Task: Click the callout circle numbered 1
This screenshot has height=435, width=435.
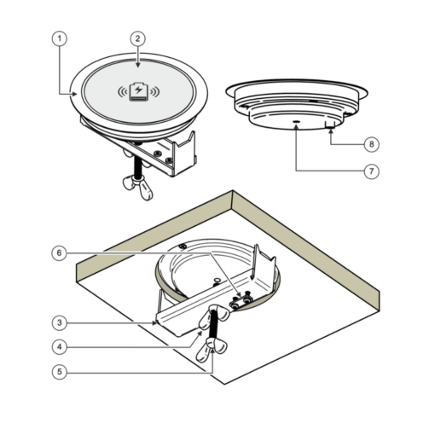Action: (x=60, y=38)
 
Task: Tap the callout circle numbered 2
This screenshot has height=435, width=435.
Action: (x=138, y=39)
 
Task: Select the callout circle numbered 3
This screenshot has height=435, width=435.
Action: (x=60, y=323)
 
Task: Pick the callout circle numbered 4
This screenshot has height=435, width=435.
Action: (x=60, y=347)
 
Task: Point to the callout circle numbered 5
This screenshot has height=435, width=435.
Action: (x=60, y=372)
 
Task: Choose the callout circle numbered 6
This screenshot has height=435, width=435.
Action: (x=59, y=253)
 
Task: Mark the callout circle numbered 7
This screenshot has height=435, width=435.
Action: (x=372, y=171)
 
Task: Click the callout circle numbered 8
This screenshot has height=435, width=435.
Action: (x=372, y=144)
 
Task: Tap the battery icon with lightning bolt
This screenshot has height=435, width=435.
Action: (x=139, y=91)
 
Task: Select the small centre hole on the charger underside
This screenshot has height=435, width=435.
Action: (x=297, y=122)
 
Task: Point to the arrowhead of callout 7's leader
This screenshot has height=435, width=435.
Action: (x=296, y=127)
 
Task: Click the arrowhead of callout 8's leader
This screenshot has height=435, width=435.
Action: (x=331, y=130)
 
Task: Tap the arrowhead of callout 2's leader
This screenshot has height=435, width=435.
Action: (x=138, y=65)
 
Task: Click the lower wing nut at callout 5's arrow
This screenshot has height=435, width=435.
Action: (x=212, y=349)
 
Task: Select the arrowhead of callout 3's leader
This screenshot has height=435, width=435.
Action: (x=154, y=323)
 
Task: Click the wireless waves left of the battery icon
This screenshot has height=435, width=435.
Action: (x=123, y=91)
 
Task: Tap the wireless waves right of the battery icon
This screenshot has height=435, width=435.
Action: (x=155, y=91)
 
